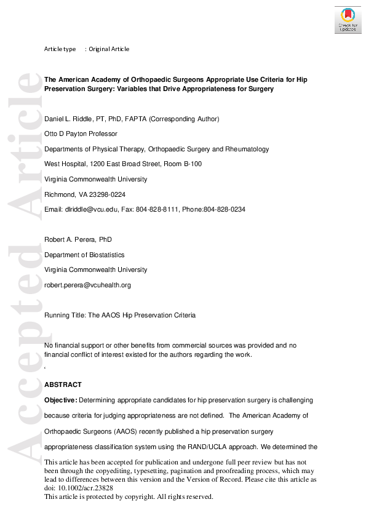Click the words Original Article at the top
click(109, 49)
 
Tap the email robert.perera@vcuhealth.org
click(87, 285)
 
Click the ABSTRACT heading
click(63, 385)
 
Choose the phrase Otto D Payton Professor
click(82, 133)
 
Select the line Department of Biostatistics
click(84, 255)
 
